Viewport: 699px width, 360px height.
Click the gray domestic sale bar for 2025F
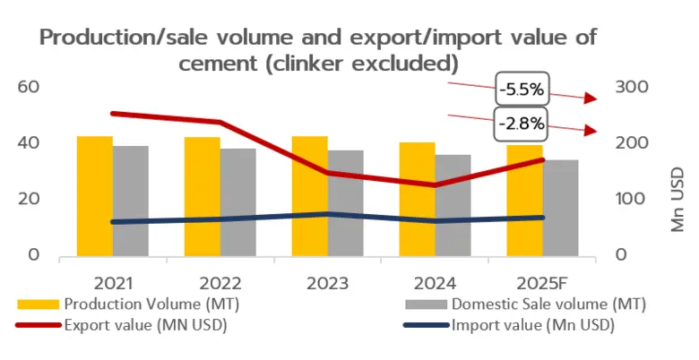click(x=560, y=207)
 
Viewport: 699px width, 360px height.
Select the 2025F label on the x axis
click(x=542, y=282)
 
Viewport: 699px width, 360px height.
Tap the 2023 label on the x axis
click(x=327, y=282)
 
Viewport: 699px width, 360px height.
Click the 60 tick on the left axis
click(x=29, y=87)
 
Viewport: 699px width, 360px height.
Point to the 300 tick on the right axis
click(x=633, y=87)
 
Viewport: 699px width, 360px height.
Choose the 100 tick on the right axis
click(x=633, y=199)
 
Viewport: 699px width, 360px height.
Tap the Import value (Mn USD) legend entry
click(x=529, y=325)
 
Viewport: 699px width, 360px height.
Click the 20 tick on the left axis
click(x=29, y=199)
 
